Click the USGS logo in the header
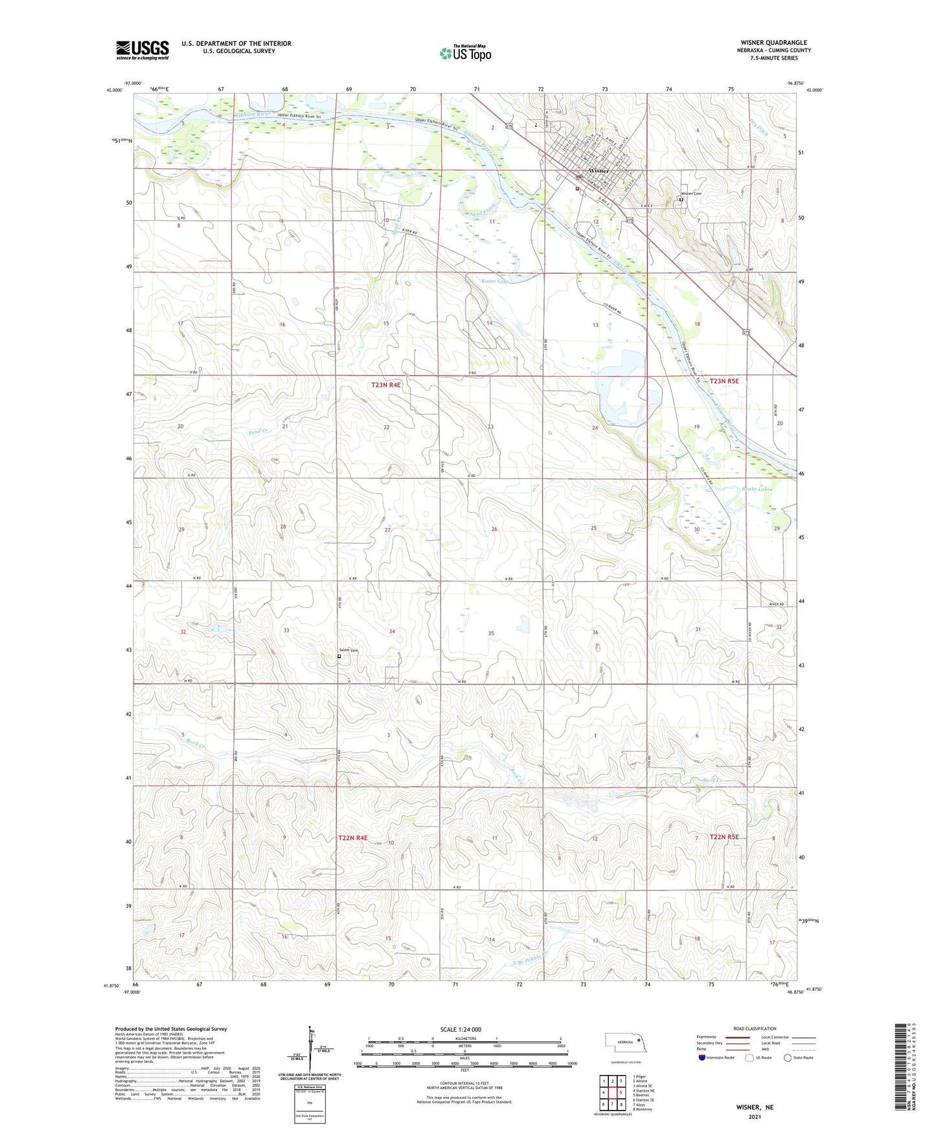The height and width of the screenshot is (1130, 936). click(x=142, y=50)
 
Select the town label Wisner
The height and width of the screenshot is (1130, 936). click(x=599, y=171)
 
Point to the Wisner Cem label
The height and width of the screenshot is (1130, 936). click(x=691, y=194)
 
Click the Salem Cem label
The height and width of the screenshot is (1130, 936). click(x=348, y=650)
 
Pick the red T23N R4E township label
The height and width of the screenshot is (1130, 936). click(x=386, y=385)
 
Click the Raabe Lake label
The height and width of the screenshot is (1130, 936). click(x=757, y=489)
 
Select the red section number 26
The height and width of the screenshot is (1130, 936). click(x=494, y=529)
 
